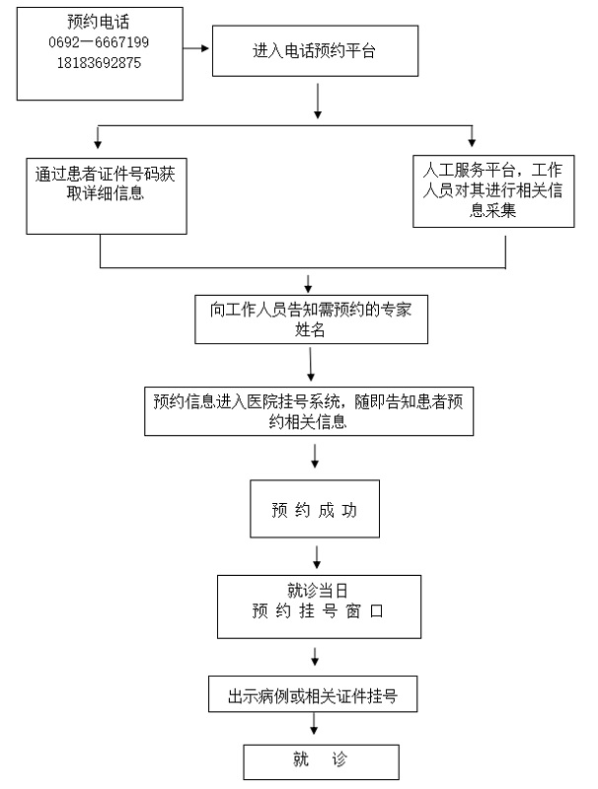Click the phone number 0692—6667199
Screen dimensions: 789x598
(x=99, y=42)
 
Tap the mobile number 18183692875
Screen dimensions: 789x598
(x=99, y=61)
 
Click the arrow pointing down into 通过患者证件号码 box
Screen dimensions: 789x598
(x=97, y=137)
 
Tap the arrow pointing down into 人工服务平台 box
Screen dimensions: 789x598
(x=472, y=137)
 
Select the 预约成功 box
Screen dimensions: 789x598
(x=313, y=511)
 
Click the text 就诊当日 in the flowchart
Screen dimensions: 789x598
(x=315, y=591)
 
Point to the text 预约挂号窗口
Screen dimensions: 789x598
(x=315, y=611)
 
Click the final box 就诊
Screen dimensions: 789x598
(x=321, y=760)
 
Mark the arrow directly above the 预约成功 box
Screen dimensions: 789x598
(x=315, y=457)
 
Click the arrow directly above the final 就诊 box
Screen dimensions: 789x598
(x=315, y=725)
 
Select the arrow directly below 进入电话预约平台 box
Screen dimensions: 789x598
(x=317, y=101)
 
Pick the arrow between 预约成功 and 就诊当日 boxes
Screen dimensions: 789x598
(x=315, y=557)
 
